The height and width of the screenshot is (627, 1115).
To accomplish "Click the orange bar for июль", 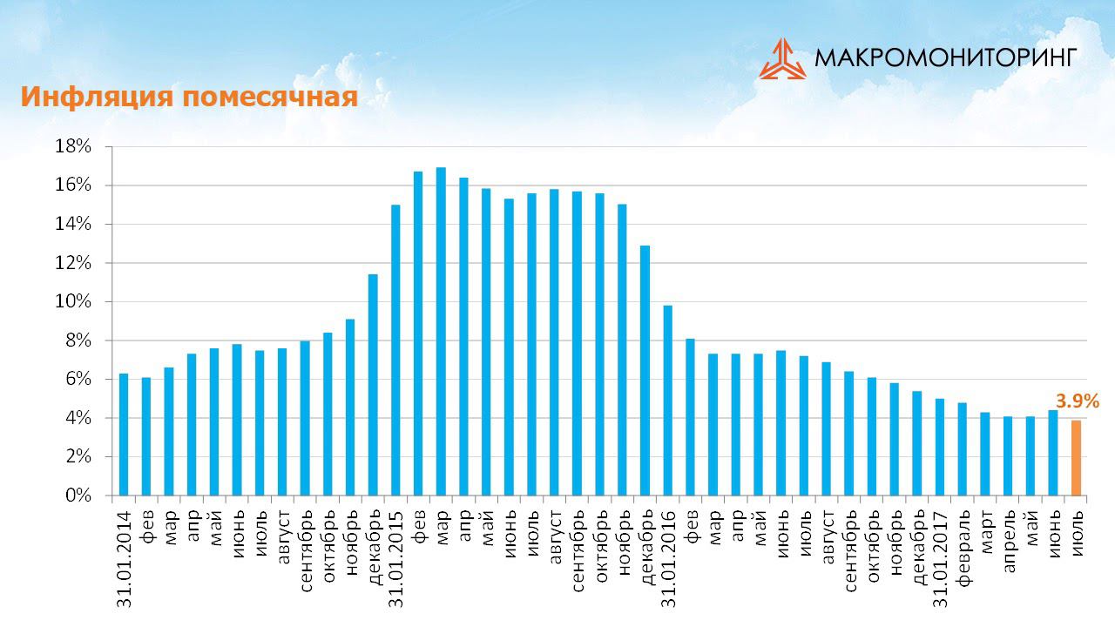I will tap(1076, 458).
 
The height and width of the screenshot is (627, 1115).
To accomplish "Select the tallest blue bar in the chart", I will tap(441, 331).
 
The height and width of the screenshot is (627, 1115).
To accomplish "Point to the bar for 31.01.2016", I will tap(668, 401).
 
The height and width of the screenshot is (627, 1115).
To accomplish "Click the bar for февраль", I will tap(963, 448).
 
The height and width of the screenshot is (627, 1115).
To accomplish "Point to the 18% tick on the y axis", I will tap(73, 146).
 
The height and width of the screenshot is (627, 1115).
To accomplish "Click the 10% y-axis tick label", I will tap(73, 301).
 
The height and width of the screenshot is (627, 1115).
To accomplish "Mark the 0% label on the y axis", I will tap(78, 496).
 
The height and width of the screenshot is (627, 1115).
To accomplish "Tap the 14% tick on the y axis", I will tap(73, 224).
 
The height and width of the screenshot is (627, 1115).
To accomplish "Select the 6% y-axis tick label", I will tap(78, 379).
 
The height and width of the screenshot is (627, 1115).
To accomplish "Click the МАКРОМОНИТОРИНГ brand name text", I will tap(946, 57).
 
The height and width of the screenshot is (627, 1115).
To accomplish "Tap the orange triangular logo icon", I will tap(781, 59).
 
